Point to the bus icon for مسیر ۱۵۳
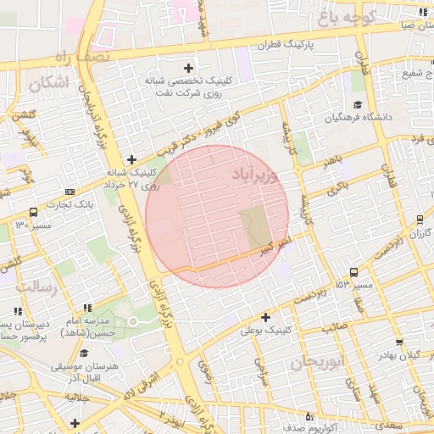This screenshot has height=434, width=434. [353, 272]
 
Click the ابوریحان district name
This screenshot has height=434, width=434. [314, 363]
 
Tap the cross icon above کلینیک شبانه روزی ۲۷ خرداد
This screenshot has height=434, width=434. [131, 159]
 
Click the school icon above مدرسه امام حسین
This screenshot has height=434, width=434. [86, 308]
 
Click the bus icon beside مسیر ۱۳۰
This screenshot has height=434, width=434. [33, 212]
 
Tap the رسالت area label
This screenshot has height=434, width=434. [36, 287]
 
